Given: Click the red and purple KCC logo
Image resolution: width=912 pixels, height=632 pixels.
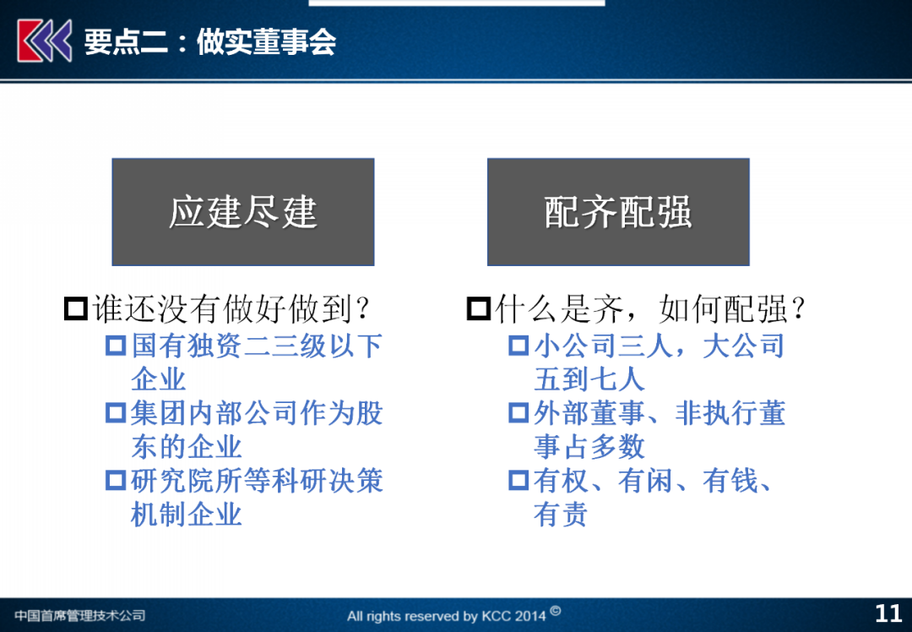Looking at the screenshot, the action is [45, 41].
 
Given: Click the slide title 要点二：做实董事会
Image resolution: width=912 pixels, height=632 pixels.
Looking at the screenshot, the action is [210, 41].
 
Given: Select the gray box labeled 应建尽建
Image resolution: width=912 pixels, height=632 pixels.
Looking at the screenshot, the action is [243, 212].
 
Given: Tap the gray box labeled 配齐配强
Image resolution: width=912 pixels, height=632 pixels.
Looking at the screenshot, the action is [618, 212].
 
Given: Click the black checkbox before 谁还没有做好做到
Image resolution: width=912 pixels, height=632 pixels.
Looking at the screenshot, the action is [76, 308].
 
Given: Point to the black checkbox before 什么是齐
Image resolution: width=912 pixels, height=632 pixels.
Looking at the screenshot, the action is [479, 308].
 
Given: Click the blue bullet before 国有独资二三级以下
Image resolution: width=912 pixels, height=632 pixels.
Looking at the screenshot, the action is [116, 346].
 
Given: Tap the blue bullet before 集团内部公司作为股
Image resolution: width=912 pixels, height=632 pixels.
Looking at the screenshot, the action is [116, 413].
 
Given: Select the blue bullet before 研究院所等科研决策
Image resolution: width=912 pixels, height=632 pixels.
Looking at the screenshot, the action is [116, 481].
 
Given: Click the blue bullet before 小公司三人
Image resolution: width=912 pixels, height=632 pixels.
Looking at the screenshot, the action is [518, 346].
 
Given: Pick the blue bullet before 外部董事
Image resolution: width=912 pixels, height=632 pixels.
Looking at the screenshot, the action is [518, 413].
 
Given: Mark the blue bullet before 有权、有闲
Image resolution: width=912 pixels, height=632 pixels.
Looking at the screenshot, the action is [518, 481].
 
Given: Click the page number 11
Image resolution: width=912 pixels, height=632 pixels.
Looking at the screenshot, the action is [888, 613].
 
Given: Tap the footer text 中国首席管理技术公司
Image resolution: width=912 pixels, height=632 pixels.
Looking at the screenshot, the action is [79, 615].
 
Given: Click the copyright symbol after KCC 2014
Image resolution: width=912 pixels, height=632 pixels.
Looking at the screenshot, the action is [556, 611].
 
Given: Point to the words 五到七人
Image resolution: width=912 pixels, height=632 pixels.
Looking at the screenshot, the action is [589, 379].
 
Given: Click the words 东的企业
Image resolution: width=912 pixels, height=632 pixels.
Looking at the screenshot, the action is [186, 447].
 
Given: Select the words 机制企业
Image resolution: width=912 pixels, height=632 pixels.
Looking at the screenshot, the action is [186, 515].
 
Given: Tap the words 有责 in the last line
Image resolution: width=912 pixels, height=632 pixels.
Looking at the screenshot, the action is [561, 515].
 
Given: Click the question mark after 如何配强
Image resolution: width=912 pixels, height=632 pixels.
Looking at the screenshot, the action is [799, 308].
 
